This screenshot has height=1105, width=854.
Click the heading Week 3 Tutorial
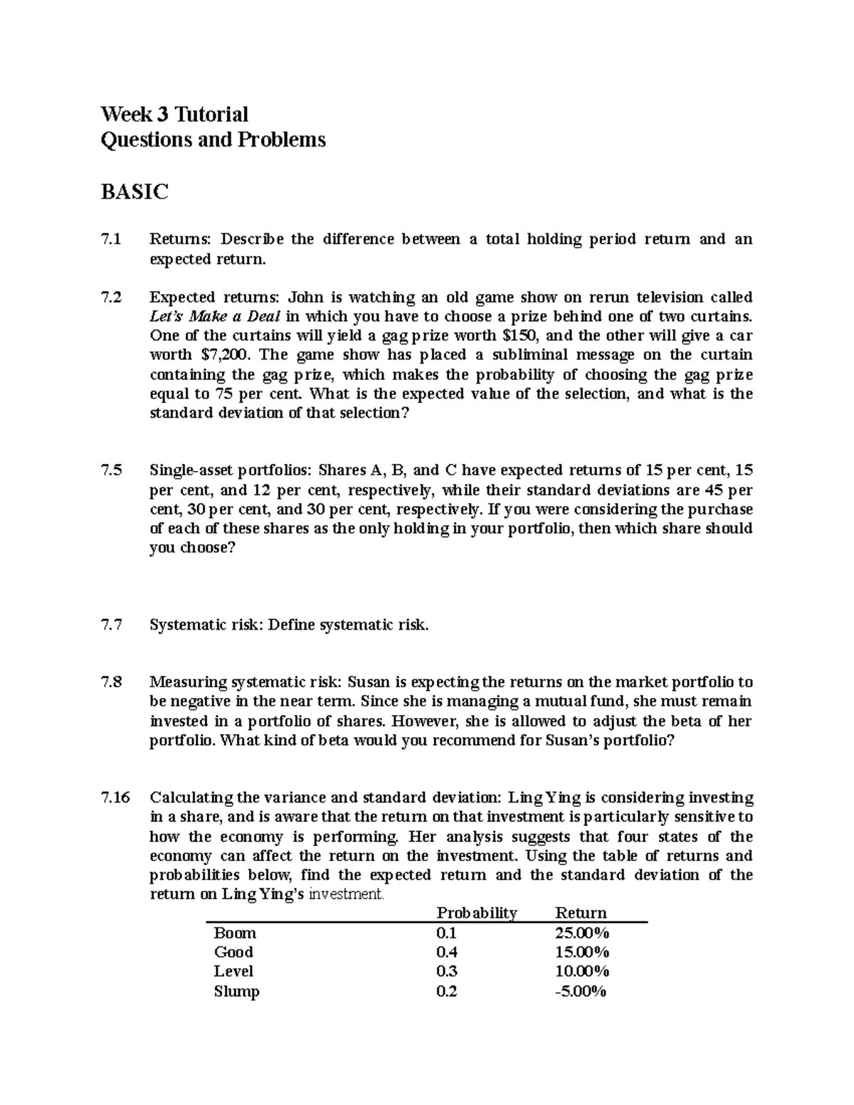(x=174, y=114)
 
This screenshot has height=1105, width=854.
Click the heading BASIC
(x=135, y=191)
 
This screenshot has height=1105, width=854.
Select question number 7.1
(x=111, y=239)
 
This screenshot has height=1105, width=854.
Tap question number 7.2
(x=111, y=297)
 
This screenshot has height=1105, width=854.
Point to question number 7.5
(x=111, y=470)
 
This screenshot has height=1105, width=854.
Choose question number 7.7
(x=111, y=625)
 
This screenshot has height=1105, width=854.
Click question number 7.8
(x=111, y=682)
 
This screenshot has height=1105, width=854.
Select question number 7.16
(x=115, y=798)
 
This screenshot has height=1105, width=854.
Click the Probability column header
(x=477, y=913)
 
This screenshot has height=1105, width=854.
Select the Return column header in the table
(x=581, y=913)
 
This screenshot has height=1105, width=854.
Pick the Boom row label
(x=235, y=933)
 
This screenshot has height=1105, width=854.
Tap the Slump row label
(x=236, y=991)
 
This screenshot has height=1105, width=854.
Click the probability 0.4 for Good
(x=446, y=952)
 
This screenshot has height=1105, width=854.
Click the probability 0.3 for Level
(x=446, y=971)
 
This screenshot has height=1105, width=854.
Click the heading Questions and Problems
(x=213, y=139)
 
